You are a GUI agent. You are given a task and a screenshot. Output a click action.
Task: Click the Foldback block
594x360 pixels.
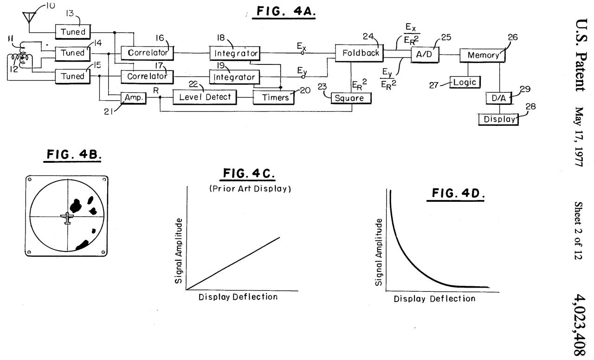click(x=361, y=53)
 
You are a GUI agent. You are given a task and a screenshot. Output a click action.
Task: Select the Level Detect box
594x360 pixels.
click(x=205, y=97)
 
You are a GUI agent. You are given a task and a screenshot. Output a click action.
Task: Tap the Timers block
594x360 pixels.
click(x=271, y=97)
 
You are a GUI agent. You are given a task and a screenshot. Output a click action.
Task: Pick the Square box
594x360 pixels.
click(x=351, y=98)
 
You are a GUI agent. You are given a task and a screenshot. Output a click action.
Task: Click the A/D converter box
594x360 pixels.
click(x=422, y=54)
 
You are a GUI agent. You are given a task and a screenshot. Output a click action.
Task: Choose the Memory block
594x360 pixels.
click(x=483, y=55)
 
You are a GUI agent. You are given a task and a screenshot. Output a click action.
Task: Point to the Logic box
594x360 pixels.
click(x=465, y=82)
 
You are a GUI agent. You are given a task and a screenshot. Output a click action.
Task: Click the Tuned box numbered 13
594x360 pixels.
click(x=73, y=32)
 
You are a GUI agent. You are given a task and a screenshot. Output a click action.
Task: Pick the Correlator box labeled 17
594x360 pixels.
click(x=147, y=75)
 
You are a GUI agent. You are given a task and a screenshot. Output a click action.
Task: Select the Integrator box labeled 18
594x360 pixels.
click(x=234, y=53)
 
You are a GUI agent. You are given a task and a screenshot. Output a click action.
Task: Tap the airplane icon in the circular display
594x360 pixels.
click(x=68, y=218)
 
